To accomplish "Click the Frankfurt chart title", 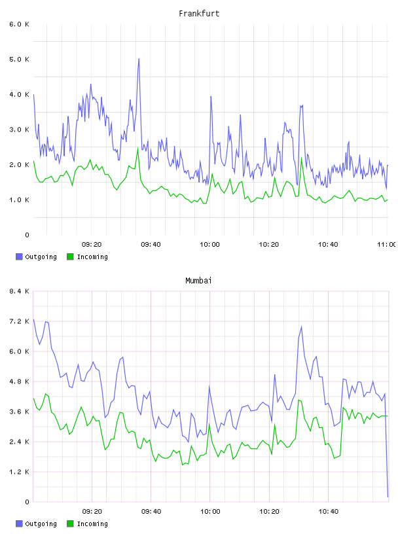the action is point(199,14).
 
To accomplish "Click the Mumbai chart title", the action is point(198,281).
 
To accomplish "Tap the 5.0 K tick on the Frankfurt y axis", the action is point(20,60).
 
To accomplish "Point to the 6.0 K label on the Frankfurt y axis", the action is point(20,24).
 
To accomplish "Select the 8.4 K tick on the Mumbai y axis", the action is point(20,291).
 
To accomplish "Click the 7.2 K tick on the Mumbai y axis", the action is point(20,321).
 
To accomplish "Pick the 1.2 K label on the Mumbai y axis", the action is point(20,472).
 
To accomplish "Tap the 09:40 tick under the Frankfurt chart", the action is point(151,245).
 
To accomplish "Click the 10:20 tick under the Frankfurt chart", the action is point(269,245).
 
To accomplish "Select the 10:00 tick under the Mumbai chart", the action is point(210,512).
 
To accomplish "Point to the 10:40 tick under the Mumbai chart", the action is point(329,512).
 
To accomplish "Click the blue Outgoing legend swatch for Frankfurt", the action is point(19,257).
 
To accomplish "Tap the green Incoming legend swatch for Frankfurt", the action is point(70,257).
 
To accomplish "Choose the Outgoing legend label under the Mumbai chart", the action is point(41,524).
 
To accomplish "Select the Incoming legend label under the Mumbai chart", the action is point(92,524).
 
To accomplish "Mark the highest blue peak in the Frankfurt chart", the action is point(139,59).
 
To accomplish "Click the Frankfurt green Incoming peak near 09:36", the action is point(137,148).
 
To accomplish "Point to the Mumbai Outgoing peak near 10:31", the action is point(301,327).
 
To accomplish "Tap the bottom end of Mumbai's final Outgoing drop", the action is point(388,497).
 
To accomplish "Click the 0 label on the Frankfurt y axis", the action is point(27,235).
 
